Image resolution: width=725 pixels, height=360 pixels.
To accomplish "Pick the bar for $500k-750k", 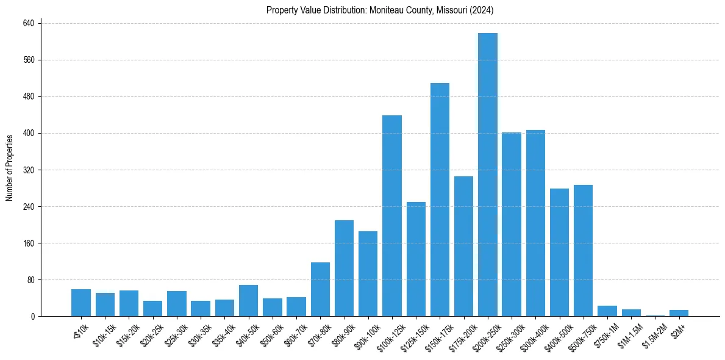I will (x=583, y=250).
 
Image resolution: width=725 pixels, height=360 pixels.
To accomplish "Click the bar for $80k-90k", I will (x=344, y=268).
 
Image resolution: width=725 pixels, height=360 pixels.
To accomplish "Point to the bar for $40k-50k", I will (x=248, y=300).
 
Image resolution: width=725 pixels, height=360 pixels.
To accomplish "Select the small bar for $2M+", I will (x=679, y=313).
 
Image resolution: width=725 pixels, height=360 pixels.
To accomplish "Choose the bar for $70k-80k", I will (x=320, y=289).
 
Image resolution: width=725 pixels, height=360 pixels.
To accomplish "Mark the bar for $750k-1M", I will (x=607, y=311).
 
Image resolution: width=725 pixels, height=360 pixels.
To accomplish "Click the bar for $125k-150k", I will (x=416, y=259).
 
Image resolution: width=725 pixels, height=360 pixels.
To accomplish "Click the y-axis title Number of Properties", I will (x=10, y=168).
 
